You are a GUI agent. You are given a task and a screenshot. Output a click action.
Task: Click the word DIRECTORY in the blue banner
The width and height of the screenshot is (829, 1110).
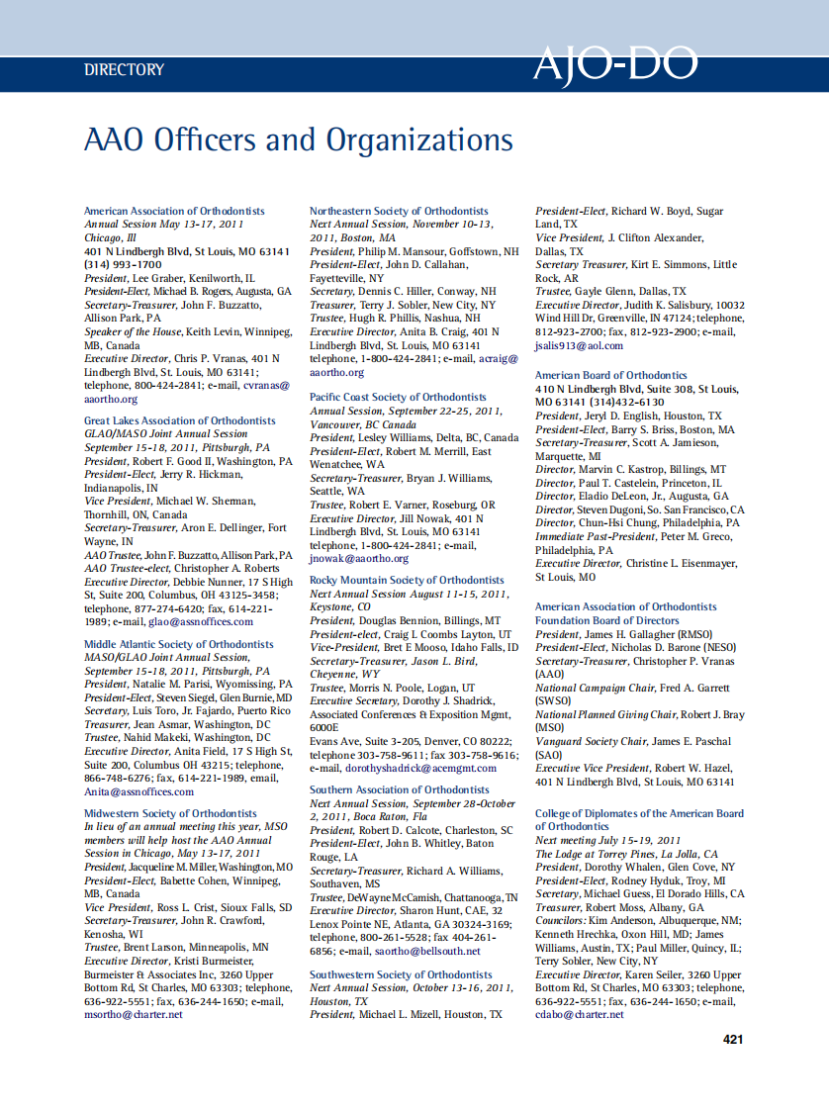click(x=125, y=69)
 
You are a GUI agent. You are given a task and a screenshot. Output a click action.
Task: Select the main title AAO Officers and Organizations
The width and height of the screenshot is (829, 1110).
click(x=299, y=139)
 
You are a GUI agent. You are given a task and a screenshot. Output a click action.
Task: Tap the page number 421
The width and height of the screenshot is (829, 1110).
click(x=733, y=1039)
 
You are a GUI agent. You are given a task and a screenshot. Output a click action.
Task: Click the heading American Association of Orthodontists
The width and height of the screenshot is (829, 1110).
click(x=174, y=211)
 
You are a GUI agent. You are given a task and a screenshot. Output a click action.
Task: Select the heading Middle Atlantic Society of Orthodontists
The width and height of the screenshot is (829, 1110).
click(x=179, y=644)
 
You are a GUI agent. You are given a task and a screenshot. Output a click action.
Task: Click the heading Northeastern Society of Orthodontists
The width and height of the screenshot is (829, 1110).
click(x=399, y=211)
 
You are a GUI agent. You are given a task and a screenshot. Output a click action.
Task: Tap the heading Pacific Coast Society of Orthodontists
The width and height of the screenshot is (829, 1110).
click(x=398, y=397)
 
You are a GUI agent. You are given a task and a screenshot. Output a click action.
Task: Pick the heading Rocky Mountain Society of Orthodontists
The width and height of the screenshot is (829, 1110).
click(x=407, y=580)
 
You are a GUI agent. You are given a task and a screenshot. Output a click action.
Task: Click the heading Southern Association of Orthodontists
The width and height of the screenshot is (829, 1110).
click(x=399, y=789)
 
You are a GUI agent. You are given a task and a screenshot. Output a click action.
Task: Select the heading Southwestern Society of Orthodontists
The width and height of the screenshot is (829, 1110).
click(x=401, y=974)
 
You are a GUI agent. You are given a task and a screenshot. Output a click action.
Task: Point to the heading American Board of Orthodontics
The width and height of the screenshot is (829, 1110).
click(x=610, y=375)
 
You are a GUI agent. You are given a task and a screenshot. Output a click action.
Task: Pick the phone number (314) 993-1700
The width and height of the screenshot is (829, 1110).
click(x=123, y=265)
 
